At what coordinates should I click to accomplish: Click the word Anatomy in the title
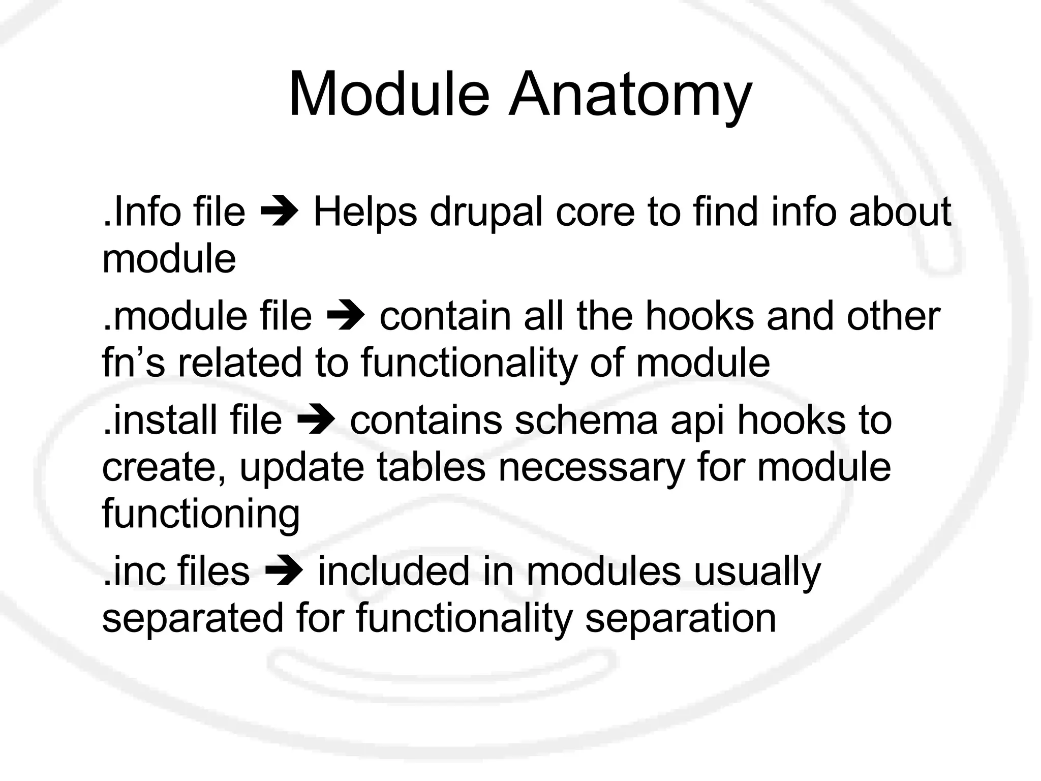pyautogui.click(x=630, y=96)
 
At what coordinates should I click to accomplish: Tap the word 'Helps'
pyautogui.click(x=365, y=213)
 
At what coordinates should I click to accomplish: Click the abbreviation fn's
pyautogui.click(x=134, y=363)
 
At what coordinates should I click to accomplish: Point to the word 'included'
pyautogui.click(x=394, y=571)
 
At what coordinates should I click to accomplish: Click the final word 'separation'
pyautogui.click(x=681, y=618)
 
